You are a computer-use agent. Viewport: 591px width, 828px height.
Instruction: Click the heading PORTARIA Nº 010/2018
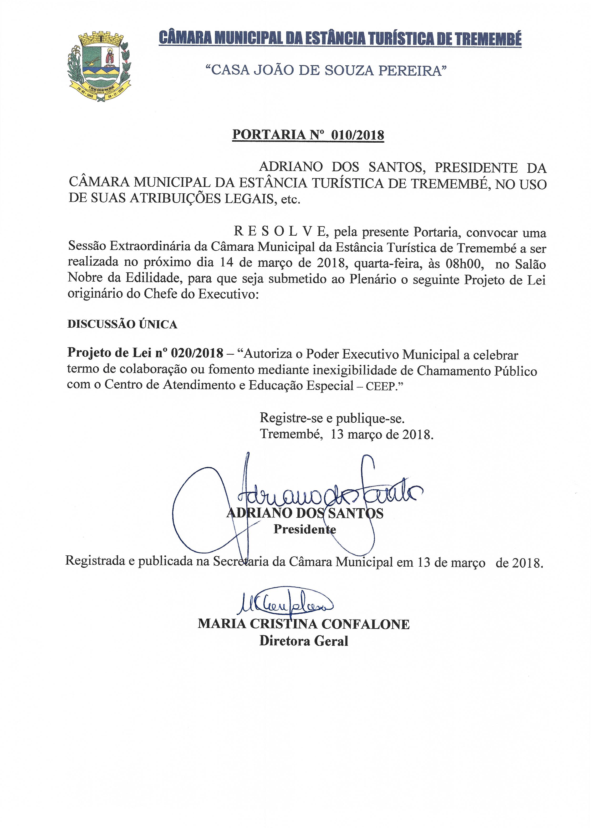(x=308, y=135)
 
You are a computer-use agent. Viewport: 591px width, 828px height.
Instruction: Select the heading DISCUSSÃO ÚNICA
(x=122, y=324)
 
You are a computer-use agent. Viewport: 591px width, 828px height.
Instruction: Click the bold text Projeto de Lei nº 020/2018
(x=145, y=353)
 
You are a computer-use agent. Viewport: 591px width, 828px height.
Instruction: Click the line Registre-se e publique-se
(x=332, y=418)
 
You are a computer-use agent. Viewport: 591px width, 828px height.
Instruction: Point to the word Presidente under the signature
(x=305, y=529)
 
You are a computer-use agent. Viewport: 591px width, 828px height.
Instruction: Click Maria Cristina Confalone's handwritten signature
(x=286, y=605)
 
